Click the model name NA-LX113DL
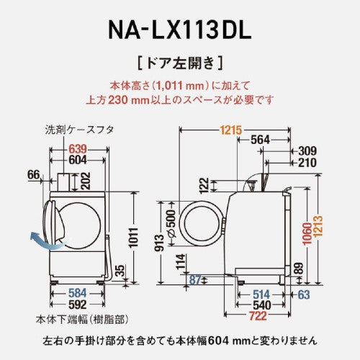point(179,31)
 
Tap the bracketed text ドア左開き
point(179,63)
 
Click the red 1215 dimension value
point(231,130)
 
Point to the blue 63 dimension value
point(305,293)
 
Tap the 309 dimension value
point(307,150)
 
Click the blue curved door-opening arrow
point(42,240)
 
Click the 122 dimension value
point(205,186)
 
